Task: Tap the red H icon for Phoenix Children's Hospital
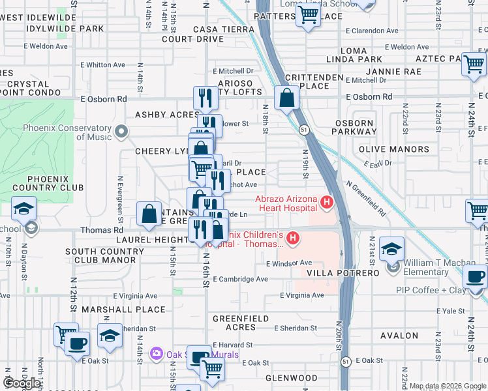coord(293,239)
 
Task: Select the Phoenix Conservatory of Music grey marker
coord(121,133)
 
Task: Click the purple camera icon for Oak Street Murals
coord(156,354)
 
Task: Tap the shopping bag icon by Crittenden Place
coord(286,99)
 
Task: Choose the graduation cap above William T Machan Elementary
coord(392,249)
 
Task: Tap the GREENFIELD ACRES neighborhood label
coord(241,319)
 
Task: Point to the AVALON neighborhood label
coord(399,336)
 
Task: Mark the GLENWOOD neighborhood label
coord(292,378)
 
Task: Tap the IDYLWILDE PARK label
coord(65,29)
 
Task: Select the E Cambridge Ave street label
coord(241,280)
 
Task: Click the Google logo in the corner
coord(22,383)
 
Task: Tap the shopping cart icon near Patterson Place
coord(308,16)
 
